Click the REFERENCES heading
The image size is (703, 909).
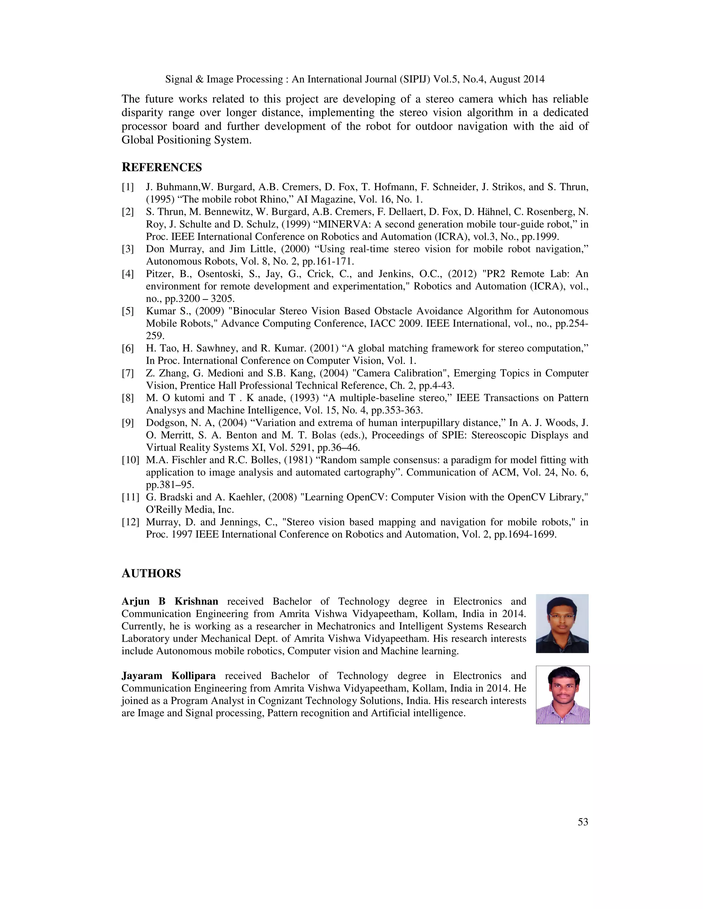tap(162, 167)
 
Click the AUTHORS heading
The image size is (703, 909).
tap(151, 574)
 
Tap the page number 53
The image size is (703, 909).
tap(583, 822)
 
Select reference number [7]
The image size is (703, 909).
tap(128, 373)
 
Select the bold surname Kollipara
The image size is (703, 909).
tap(194, 676)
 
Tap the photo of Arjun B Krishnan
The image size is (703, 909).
tap(562, 624)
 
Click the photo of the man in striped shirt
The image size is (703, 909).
tap(562, 695)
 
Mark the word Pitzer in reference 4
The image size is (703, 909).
tap(158, 274)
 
